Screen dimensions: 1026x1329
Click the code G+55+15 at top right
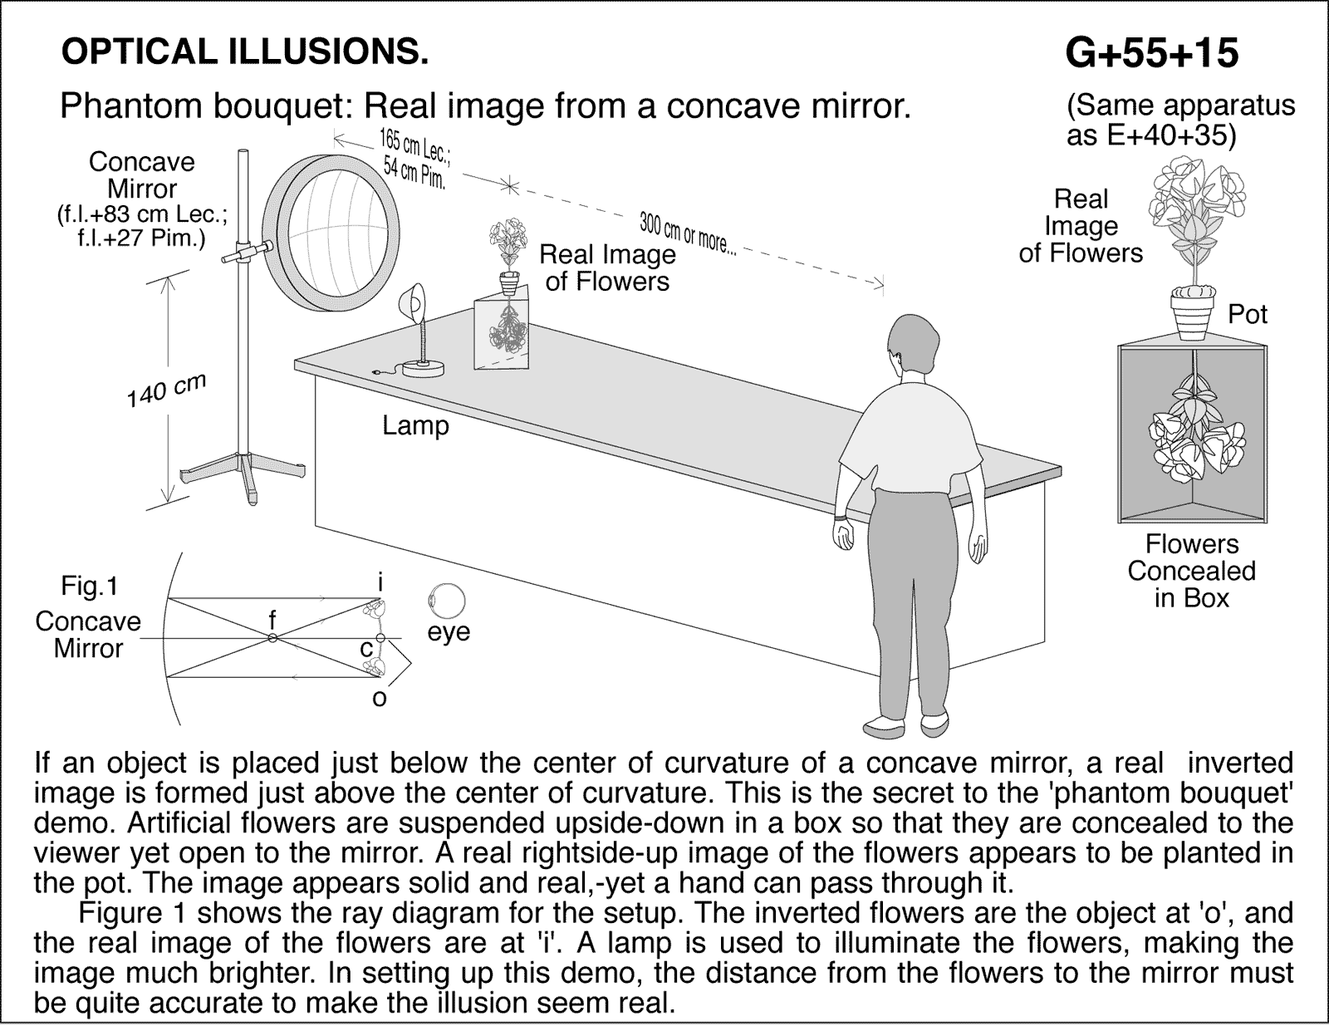(x=1151, y=54)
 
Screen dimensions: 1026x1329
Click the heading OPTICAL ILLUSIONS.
(x=245, y=52)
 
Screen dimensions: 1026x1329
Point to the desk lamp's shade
(x=413, y=301)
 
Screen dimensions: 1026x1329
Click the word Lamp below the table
(x=415, y=425)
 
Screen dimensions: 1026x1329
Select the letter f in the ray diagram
(x=272, y=619)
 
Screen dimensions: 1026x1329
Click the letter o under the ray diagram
(x=379, y=699)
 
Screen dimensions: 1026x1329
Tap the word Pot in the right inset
(x=1248, y=314)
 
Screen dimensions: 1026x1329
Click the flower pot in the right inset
(x=1192, y=308)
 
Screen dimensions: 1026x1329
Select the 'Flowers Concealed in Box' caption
(x=1191, y=571)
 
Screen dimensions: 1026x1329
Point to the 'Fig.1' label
(x=90, y=587)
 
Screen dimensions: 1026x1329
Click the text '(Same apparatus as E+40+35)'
(x=1179, y=120)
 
